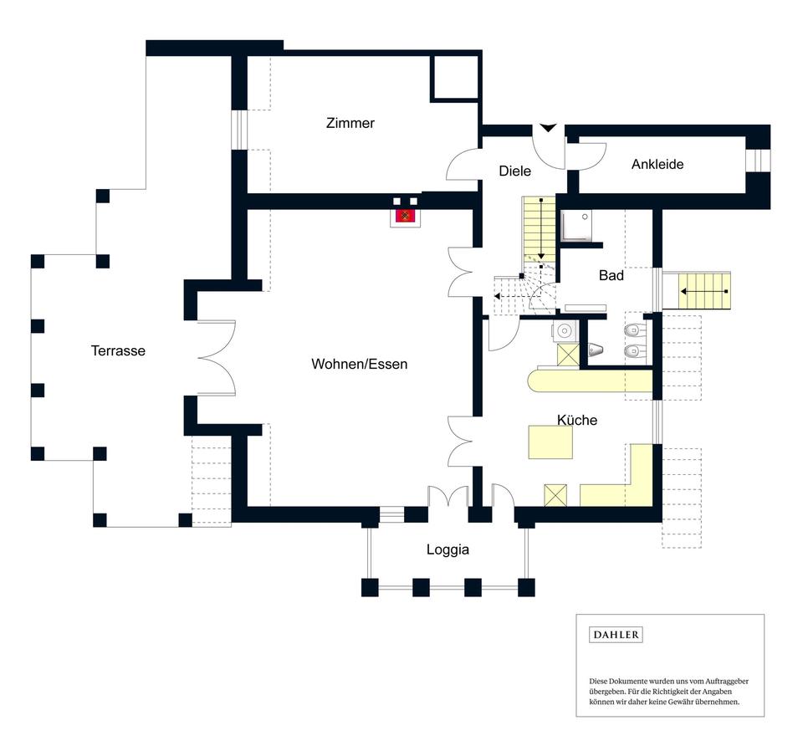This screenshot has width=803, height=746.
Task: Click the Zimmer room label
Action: (350, 123)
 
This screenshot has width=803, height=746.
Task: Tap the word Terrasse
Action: (118, 350)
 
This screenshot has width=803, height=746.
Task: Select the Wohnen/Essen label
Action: (359, 364)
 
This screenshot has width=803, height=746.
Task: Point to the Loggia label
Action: (448, 549)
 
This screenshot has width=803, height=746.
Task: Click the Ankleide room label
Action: (657, 164)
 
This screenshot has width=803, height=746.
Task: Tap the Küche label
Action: (577, 420)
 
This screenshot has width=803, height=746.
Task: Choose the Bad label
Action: (611, 275)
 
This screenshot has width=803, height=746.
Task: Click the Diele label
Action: (514, 171)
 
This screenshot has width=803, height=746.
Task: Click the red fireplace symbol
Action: (407, 216)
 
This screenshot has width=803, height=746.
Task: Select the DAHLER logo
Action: (616, 635)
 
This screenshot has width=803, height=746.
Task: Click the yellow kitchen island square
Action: (550, 442)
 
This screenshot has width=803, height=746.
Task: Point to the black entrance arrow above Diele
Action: (547, 128)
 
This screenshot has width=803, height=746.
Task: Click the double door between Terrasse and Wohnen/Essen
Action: (217, 357)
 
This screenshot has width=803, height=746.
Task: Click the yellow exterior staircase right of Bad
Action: (703, 291)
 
